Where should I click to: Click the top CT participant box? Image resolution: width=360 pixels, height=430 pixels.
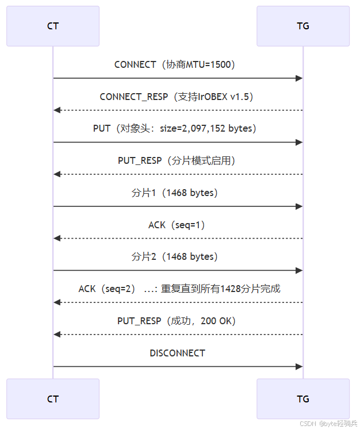pyautogui.click(x=53, y=26)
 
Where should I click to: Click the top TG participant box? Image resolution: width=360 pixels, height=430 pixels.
pyautogui.click(x=303, y=26)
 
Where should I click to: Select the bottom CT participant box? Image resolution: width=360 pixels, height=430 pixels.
pyautogui.click(x=53, y=398)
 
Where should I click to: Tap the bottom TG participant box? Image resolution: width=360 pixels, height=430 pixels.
pyautogui.click(x=303, y=398)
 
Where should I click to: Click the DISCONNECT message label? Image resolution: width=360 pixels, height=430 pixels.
pyautogui.click(x=178, y=353)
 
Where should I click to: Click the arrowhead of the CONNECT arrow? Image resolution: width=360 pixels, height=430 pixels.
pyautogui.click(x=300, y=78)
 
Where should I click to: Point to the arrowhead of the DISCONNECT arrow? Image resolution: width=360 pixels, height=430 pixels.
pyautogui.click(x=300, y=366)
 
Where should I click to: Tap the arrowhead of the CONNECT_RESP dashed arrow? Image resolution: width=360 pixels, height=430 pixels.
pyautogui.click(x=56, y=110)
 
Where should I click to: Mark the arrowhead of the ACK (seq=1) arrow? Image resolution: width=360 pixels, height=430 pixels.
pyautogui.click(x=56, y=238)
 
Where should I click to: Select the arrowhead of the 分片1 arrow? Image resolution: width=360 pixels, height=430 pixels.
pyautogui.click(x=300, y=206)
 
